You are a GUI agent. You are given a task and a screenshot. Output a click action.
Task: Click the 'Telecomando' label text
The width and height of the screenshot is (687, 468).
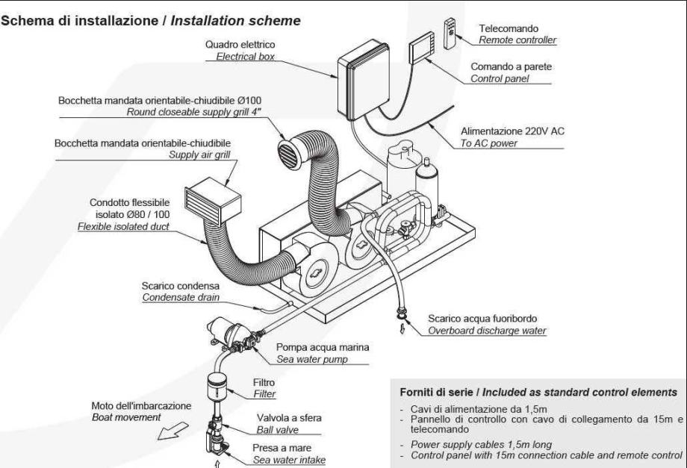coord(507,28)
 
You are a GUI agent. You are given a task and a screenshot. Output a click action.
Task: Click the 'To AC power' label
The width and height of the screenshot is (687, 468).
coord(488,143)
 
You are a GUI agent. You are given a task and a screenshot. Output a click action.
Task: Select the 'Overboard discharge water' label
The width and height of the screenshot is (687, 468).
coord(487,330)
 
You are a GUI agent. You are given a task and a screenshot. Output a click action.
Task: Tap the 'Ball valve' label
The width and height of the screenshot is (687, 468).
coord(279,430)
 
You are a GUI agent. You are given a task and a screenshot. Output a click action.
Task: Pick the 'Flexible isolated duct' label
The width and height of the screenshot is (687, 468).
coord(124,225)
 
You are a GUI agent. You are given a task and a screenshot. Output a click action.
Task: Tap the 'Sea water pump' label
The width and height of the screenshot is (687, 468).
coord(311,359)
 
